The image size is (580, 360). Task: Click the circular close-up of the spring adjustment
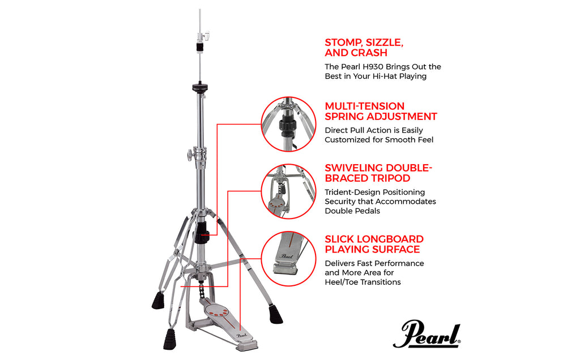click(x=289, y=125)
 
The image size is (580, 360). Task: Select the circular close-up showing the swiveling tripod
click(x=289, y=190)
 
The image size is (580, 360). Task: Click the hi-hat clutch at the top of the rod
click(x=201, y=42)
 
